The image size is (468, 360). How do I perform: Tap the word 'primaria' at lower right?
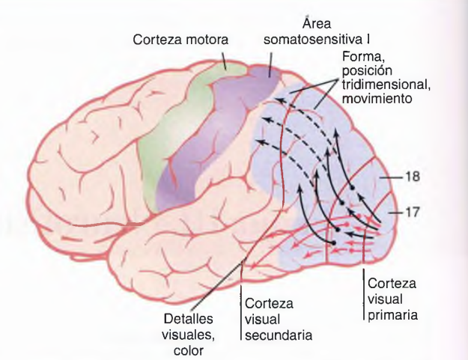coord(392,315)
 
